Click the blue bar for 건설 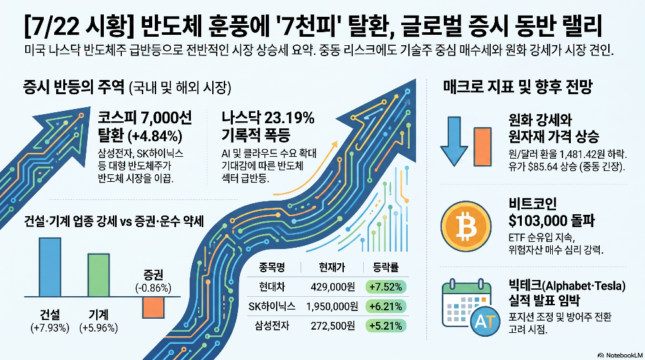tap(50, 267)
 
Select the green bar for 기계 tap(99, 275)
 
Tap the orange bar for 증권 tap(154, 307)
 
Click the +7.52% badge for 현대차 tap(386, 286)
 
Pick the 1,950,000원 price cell tap(332, 306)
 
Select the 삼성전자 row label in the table tap(272, 326)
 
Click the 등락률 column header tap(386, 268)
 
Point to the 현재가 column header tap(332, 268)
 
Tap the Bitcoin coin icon tap(466, 226)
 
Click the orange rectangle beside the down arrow tap(482, 146)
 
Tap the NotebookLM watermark tap(620, 355)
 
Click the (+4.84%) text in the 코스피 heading tap(155, 135)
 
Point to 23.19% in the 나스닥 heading tap(289, 118)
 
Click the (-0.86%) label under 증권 tap(154, 288)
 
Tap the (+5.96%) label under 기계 tap(99, 328)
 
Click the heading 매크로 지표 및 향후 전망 tap(518, 87)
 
